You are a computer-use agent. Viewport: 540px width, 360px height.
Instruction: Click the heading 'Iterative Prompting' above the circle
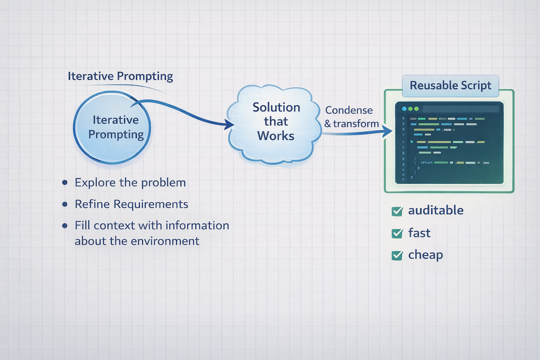(x=120, y=76)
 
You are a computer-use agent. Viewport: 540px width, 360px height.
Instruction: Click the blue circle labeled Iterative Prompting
(x=112, y=127)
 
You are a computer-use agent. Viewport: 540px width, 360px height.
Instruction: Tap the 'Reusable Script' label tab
(x=450, y=85)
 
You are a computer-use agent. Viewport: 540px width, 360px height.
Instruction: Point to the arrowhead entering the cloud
(x=230, y=124)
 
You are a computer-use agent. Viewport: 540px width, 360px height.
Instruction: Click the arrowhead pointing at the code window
(x=388, y=131)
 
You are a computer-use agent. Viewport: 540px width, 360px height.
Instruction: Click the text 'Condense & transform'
(x=351, y=117)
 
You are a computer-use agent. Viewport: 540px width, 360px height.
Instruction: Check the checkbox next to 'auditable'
(x=397, y=211)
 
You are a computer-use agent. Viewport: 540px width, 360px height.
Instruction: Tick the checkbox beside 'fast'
(x=397, y=233)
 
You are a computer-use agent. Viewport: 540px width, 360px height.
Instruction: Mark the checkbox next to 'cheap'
(x=397, y=255)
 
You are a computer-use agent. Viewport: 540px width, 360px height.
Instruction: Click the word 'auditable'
(x=436, y=210)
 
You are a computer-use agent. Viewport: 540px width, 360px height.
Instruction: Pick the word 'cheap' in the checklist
(x=425, y=255)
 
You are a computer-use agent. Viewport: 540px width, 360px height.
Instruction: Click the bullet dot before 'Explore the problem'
(x=65, y=182)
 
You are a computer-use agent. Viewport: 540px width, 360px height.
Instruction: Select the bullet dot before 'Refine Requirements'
(x=65, y=204)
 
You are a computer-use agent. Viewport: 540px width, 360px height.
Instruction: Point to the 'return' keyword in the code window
(x=426, y=162)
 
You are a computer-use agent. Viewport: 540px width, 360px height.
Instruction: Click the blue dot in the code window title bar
(x=404, y=109)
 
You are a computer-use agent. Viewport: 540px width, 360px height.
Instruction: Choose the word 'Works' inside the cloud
(x=276, y=136)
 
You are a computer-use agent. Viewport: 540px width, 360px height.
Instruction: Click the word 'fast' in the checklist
(x=419, y=233)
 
